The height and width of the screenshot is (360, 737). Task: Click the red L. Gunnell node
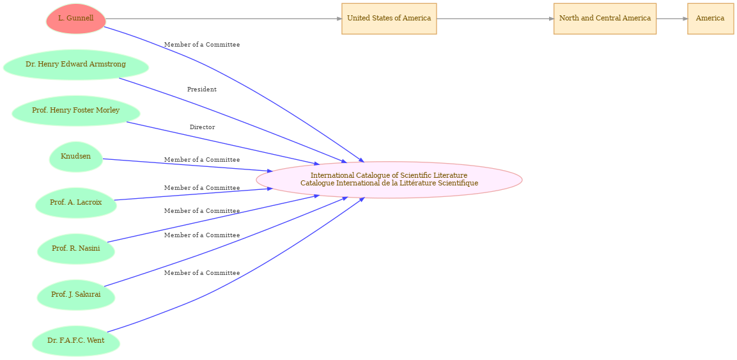pyautogui.click(x=75, y=19)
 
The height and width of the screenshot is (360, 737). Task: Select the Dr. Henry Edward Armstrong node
pyautogui.click(x=75, y=65)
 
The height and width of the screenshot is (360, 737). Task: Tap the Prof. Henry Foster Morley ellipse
pyautogui.click(x=75, y=111)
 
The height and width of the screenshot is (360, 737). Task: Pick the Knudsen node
pyautogui.click(x=75, y=157)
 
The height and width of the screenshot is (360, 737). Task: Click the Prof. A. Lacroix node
pyautogui.click(x=75, y=203)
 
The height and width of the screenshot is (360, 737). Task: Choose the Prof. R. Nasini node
pyautogui.click(x=75, y=249)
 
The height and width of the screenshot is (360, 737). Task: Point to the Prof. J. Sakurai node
pyautogui.click(x=75, y=295)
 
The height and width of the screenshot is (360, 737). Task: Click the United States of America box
pyautogui.click(x=389, y=19)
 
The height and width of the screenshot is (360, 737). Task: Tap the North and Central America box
pyautogui.click(x=605, y=19)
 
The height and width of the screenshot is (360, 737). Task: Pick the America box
pyautogui.click(x=710, y=19)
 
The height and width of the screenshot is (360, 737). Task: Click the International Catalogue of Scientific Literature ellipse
pyautogui.click(x=389, y=180)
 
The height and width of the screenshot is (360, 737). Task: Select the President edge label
pyautogui.click(x=201, y=90)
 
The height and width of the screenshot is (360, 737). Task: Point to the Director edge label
pyautogui.click(x=202, y=127)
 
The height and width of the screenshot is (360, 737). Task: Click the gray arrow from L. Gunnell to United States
pyautogui.click(x=224, y=19)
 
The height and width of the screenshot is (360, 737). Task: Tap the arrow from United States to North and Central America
pyautogui.click(x=495, y=19)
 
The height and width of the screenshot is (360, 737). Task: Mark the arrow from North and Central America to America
pyautogui.click(x=672, y=19)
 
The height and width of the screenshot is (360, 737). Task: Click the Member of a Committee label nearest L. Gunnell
pyautogui.click(x=201, y=45)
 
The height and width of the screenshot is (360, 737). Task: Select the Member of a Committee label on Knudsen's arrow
pyautogui.click(x=201, y=160)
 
